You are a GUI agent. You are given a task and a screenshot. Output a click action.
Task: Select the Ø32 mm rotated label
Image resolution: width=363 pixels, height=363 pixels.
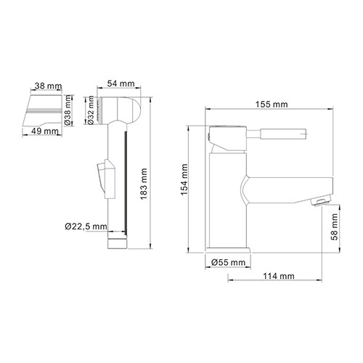pyautogui.click(x=90, y=108)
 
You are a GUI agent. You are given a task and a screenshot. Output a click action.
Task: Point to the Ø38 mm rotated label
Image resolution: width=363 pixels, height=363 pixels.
pyautogui.click(x=68, y=108)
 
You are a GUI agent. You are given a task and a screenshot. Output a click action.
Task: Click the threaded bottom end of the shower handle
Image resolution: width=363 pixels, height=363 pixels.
pyautogui.click(x=118, y=239)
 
